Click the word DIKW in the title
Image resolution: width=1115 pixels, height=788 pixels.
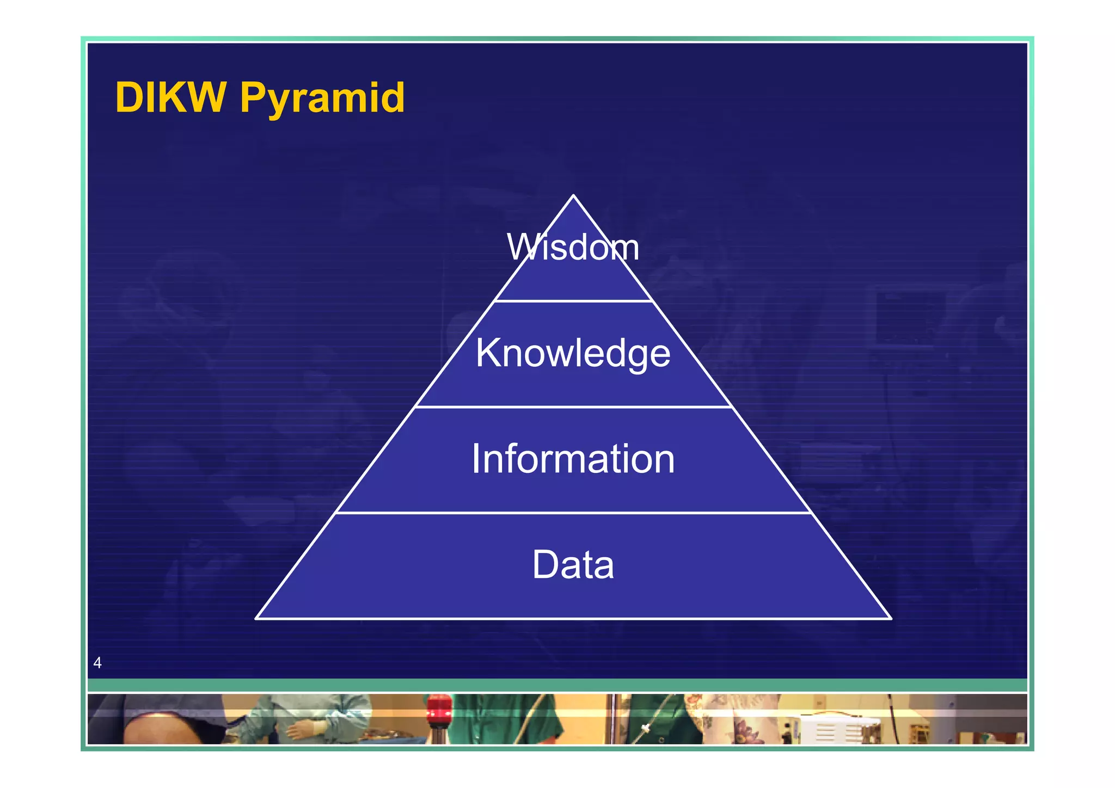pos(170,98)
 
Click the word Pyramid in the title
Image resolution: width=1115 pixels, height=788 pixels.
pos(322,100)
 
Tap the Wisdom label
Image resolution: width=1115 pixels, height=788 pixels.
pos(573,248)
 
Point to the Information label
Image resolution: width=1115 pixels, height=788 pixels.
pos(573,459)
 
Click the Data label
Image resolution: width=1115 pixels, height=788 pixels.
pos(573,565)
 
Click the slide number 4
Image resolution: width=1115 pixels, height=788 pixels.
pos(97,663)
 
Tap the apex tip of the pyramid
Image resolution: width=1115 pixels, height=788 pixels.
pos(573,196)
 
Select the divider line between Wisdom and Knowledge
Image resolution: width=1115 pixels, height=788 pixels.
pos(573,300)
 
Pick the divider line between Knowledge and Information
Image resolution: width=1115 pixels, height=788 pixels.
pos(573,407)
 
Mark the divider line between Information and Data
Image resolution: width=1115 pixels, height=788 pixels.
pos(573,513)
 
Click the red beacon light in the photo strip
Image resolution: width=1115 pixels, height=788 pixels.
pos(439,710)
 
